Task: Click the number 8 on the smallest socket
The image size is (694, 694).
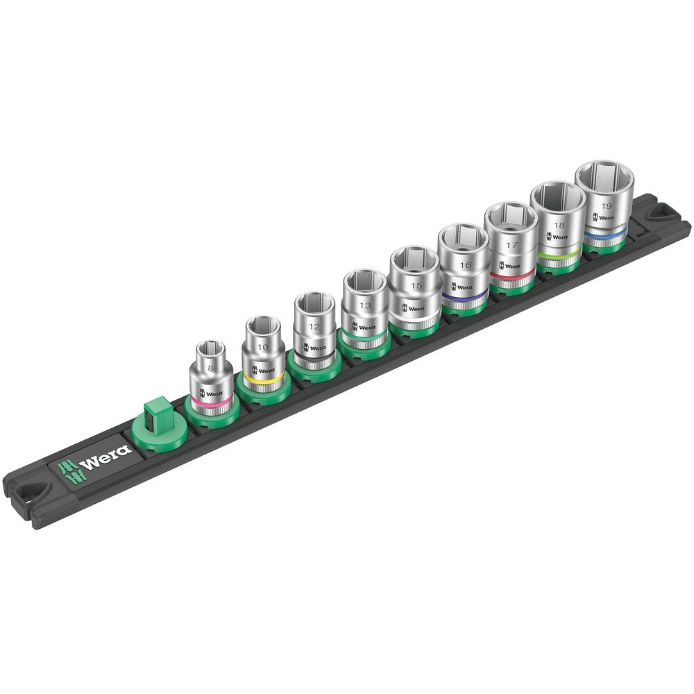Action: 210,368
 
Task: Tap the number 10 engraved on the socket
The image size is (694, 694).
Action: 263,347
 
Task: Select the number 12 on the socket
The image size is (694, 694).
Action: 314,327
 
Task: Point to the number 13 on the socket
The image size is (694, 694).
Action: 365,305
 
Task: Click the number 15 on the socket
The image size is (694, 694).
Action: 416,285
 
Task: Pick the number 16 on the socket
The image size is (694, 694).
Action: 465,265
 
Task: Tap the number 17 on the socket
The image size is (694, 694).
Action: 512,245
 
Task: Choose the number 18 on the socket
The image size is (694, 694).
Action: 559,226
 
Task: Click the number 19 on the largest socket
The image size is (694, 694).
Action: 607,206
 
